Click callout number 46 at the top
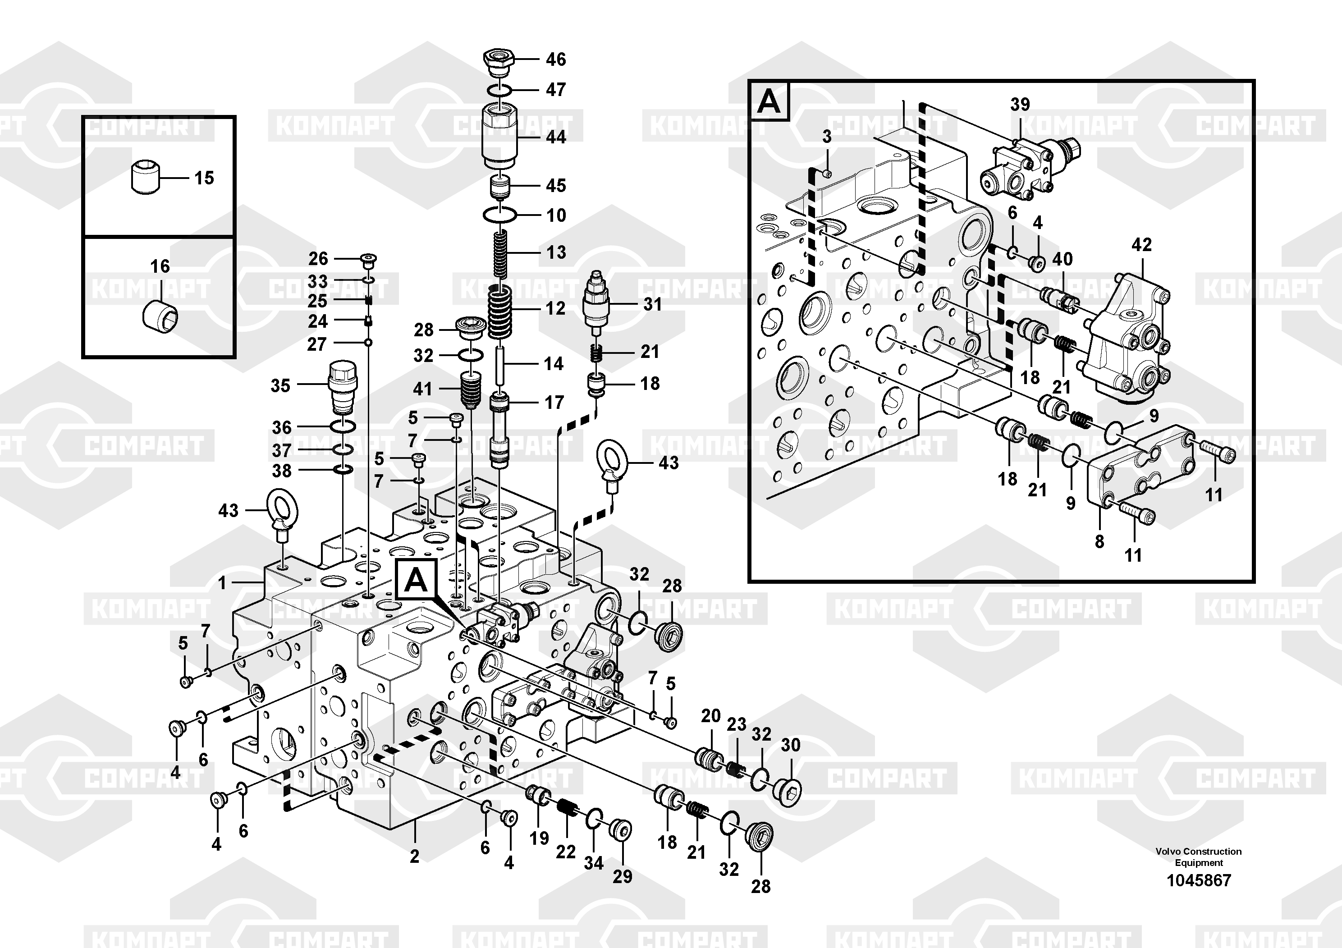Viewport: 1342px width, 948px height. pos(556,59)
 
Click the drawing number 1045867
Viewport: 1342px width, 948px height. pos(1199,880)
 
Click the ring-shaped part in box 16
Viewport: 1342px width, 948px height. pos(160,318)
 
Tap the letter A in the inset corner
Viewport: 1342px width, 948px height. pos(769,102)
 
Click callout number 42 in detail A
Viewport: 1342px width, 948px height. pos(1141,244)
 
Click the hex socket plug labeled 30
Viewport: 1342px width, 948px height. pos(790,790)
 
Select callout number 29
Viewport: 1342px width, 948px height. pos(623,876)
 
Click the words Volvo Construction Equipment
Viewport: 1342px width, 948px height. pos(1199,857)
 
